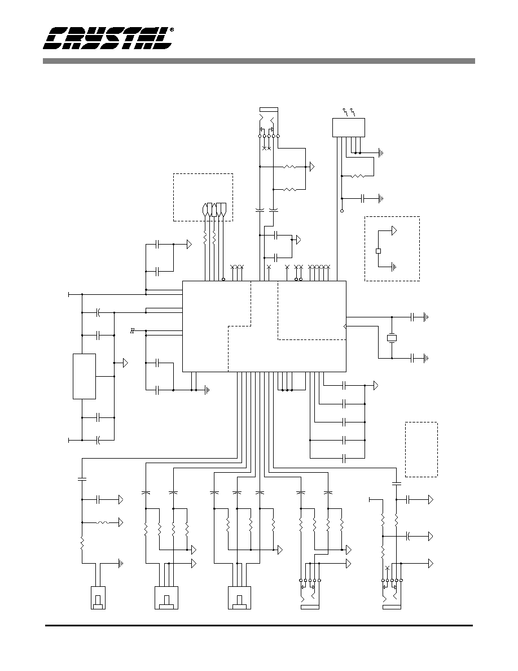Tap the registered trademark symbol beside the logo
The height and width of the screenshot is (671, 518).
click(172, 30)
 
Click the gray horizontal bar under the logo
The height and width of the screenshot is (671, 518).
click(258, 61)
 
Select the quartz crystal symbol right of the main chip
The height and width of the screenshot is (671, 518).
click(392, 338)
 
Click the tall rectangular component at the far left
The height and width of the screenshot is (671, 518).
click(84, 377)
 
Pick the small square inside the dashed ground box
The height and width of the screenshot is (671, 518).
click(378, 251)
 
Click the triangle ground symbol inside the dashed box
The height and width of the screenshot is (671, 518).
click(394, 230)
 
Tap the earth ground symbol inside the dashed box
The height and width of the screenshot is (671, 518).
click(394, 267)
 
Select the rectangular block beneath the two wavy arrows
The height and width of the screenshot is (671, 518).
click(349, 128)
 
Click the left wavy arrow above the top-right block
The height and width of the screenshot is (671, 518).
click(345, 112)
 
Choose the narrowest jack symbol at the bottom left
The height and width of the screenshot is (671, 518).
click(98, 598)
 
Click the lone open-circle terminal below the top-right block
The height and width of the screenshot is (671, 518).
click(342, 211)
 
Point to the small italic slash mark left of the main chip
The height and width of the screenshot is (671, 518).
click(133, 330)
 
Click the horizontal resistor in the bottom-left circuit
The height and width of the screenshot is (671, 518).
click(104, 522)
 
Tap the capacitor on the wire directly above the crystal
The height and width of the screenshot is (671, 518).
click(412, 317)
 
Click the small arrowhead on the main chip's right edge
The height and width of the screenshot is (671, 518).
click(344, 327)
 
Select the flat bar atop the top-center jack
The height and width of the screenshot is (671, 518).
click(269, 109)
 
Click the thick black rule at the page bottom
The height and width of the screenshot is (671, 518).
click(259, 626)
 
